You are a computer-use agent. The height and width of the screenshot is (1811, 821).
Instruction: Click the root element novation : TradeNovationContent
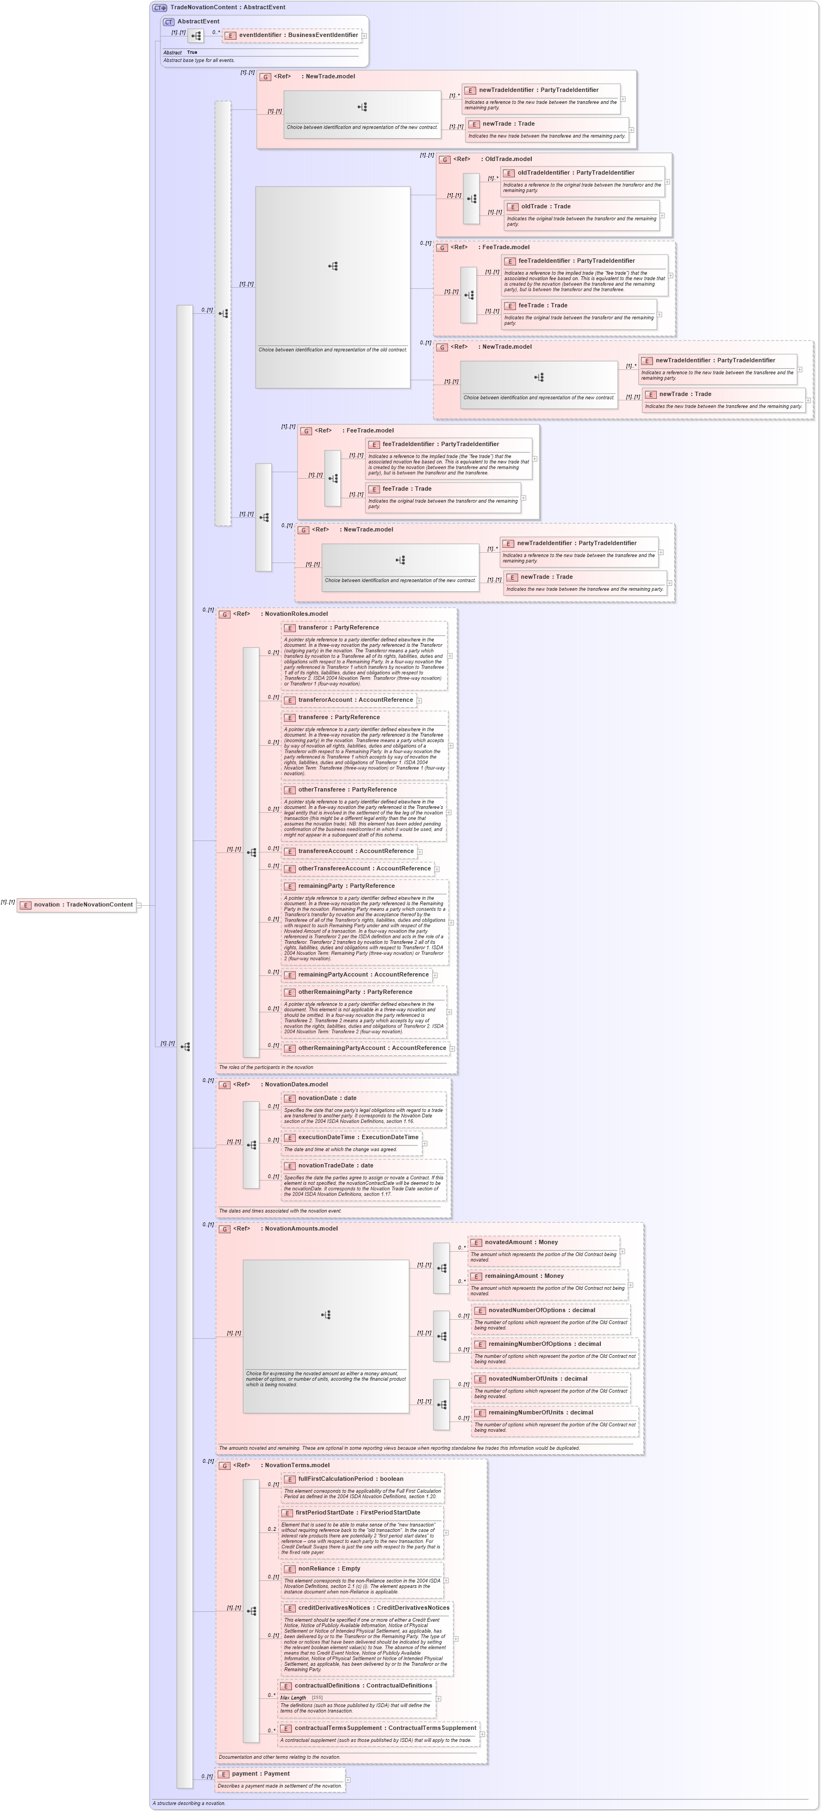(83, 905)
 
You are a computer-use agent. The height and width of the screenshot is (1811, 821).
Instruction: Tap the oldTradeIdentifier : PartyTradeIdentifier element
(576, 173)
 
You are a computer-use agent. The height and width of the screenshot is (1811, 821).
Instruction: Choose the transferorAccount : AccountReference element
(355, 700)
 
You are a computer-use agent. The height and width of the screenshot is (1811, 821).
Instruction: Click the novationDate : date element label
(327, 1098)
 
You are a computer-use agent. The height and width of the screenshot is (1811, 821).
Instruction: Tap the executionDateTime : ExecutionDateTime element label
(358, 1138)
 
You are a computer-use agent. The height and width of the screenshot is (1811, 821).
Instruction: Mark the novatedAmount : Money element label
(521, 1243)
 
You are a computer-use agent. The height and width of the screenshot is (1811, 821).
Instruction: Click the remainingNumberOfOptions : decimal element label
(545, 1344)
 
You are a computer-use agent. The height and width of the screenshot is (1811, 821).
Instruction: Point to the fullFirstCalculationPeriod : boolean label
(350, 1479)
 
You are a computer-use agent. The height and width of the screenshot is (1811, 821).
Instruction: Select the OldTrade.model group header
(506, 159)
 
